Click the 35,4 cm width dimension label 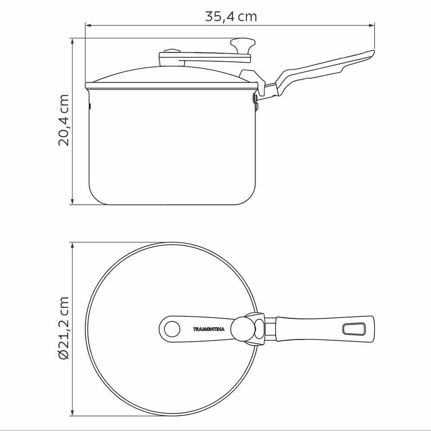(231, 16)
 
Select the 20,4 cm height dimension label (63, 120)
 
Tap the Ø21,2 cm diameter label (63, 328)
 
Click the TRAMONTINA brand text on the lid (209, 329)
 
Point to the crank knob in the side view (243, 46)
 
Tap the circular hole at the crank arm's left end (172, 329)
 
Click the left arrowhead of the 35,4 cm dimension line (88, 25)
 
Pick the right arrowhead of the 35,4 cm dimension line (372, 25)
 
